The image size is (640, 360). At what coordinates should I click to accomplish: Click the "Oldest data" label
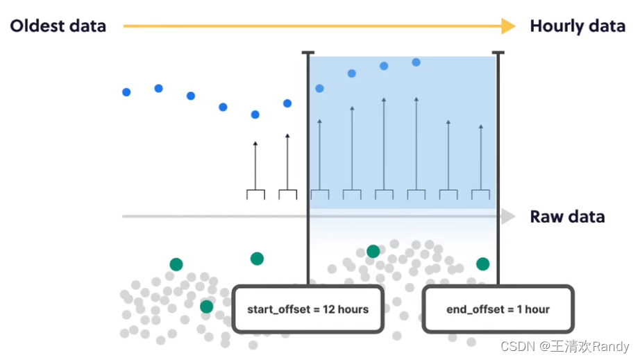click(58, 26)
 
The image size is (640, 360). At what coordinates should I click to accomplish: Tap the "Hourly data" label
click(578, 26)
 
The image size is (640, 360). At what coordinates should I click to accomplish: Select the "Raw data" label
click(567, 216)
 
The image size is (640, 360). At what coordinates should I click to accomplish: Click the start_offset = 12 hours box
click(308, 309)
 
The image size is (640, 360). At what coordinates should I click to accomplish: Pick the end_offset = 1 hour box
click(498, 309)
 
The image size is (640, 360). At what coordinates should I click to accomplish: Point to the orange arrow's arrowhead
click(509, 26)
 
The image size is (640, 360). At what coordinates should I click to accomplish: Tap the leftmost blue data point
click(126, 92)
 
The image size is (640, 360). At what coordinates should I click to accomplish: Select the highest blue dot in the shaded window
click(416, 62)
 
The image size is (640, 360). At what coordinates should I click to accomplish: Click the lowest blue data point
click(255, 114)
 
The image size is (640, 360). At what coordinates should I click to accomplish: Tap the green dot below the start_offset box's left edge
click(206, 306)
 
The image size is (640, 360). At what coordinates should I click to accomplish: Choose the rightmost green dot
click(482, 264)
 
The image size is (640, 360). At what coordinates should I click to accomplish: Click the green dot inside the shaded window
click(373, 251)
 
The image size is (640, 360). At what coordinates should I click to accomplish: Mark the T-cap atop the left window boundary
click(308, 53)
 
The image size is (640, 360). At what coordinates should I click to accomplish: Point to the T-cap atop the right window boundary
click(497, 53)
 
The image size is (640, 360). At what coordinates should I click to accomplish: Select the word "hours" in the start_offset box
click(353, 309)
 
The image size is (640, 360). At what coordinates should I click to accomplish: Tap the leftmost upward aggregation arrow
click(255, 166)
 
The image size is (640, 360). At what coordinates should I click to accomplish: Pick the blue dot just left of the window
click(287, 103)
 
